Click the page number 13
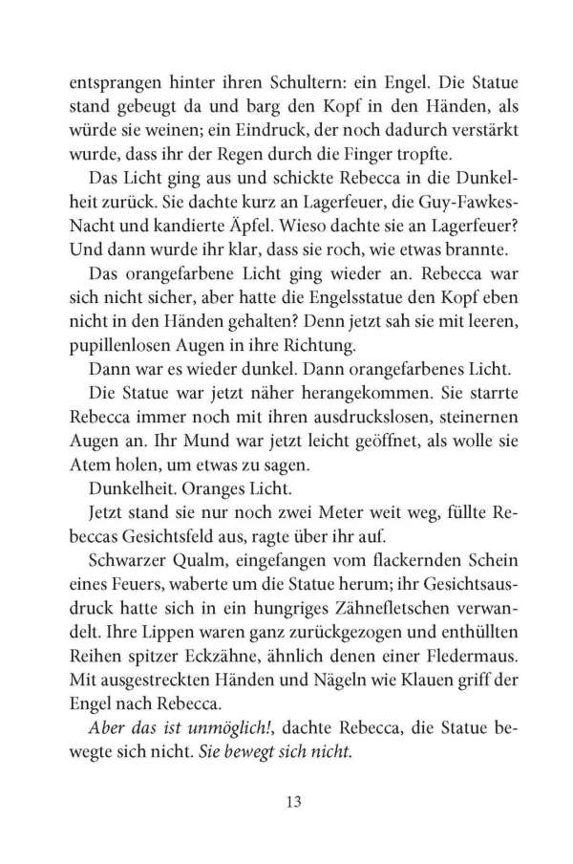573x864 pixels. pos(286,801)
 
